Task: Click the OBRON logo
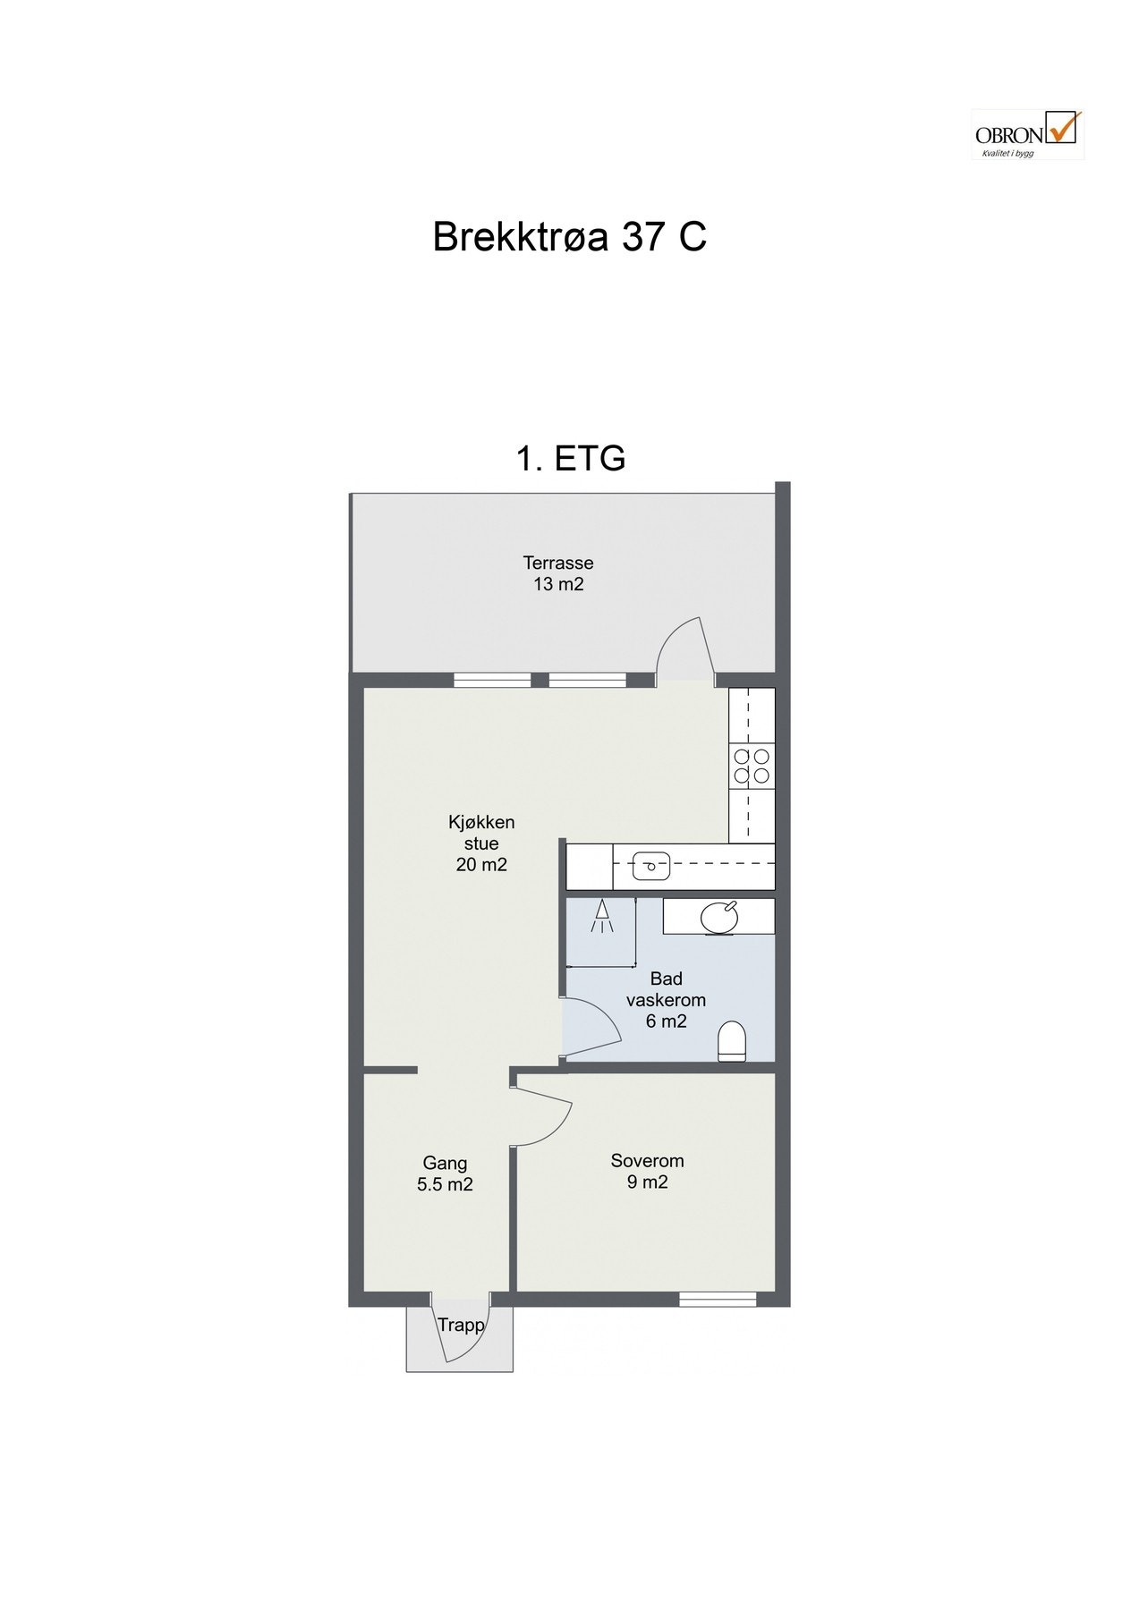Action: [x=1027, y=134]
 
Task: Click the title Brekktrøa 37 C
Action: [x=569, y=237]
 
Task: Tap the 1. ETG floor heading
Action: [x=570, y=458]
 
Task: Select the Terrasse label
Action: [x=558, y=563]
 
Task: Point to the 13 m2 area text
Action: [x=558, y=585]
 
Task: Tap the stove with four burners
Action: [x=752, y=766]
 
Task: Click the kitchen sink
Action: [x=650, y=865]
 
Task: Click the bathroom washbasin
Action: [x=719, y=917]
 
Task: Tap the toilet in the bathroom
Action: [x=731, y=1041]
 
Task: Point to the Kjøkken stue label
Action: [x=481, y=833]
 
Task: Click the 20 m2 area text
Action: [x=481, y=865]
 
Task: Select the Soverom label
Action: [x=647, y=1161]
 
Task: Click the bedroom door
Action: [x=544, y=1114]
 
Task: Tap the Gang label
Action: [x=445, y=1164]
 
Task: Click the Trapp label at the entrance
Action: [x=461, y=1326]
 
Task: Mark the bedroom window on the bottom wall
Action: [x=718, y=1299]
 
